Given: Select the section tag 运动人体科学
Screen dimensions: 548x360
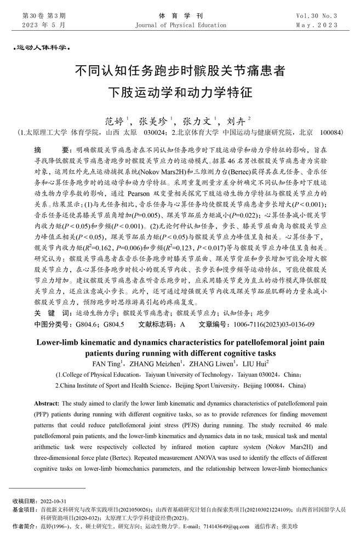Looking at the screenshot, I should click(41, 49).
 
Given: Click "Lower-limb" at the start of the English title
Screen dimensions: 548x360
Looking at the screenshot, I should click(59, 342).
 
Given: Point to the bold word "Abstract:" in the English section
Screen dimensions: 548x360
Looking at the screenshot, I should click(46, 403).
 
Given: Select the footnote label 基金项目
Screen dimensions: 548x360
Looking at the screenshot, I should click(23, 510).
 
